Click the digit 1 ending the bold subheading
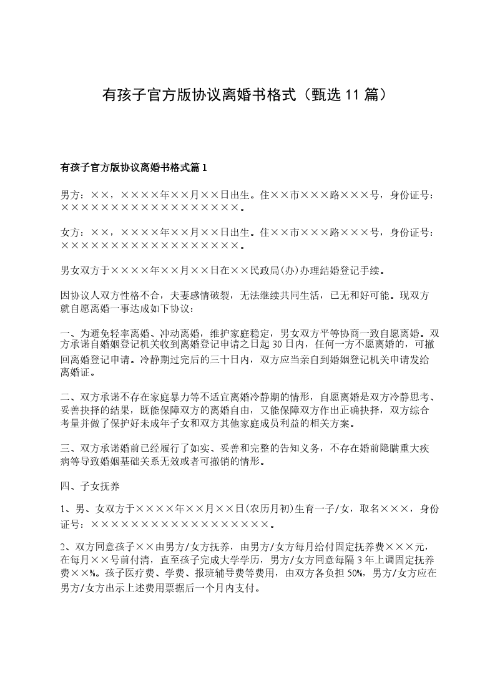(x=204, y=167)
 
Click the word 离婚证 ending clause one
(x=75, y=373)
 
